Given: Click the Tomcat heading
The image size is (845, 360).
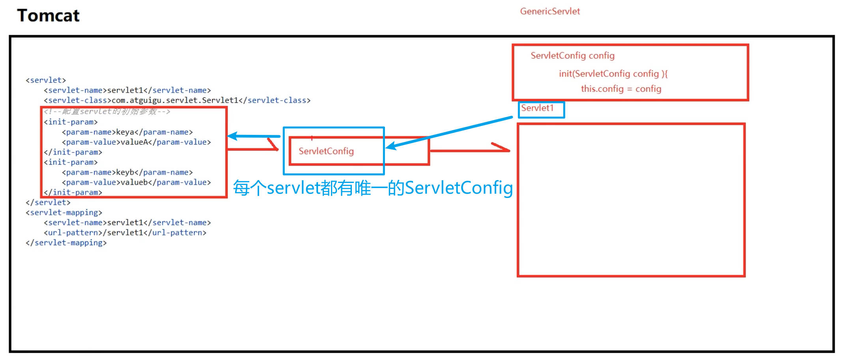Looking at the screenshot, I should tap(48, 16).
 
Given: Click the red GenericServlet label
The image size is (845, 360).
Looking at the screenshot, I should tap(550, 11).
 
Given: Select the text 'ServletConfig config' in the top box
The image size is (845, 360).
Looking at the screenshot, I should tap(572, 56).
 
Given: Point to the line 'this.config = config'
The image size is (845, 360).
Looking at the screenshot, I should tap(621, 89).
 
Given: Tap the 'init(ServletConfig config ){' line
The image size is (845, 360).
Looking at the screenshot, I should tap(613, 74).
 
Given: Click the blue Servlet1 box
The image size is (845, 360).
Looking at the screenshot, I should tap(541, 109).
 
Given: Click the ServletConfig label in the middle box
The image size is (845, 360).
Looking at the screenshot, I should tap(326, 151).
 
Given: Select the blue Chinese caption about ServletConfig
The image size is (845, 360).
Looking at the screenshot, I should tap(372, 188).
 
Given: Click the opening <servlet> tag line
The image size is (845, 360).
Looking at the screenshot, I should tap(46, 80).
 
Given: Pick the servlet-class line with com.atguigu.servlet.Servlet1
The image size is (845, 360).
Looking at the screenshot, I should tap(177, 101).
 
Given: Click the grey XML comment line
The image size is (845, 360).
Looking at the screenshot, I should tap(107, 112).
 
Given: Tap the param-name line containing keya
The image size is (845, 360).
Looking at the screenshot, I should tap(127, 132).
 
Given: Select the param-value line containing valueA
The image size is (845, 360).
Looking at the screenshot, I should tap(136, 142).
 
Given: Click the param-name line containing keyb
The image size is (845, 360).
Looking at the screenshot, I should tap(127, 172).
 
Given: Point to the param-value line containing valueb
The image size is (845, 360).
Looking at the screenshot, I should tap(136, 183).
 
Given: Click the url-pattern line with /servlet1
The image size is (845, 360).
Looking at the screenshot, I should tap(125, 233).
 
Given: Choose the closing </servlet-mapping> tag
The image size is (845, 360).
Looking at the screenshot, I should tap(66, 243).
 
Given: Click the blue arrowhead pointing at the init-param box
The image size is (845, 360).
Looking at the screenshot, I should tap(233, 136).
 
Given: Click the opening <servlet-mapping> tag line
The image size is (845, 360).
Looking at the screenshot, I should tap(64, 213).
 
